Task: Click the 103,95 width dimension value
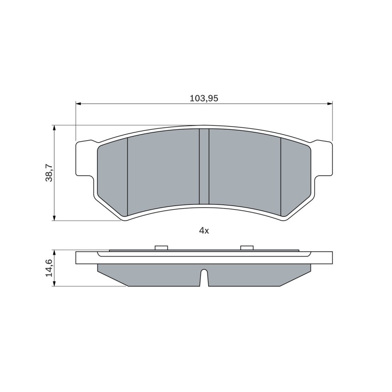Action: [x=204, y=98]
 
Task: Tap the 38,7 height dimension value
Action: [x=49, y=173]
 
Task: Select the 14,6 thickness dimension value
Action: [x=49, y=268]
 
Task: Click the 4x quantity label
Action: [x=204, y=230]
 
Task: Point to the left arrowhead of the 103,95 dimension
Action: [x=78, y=104]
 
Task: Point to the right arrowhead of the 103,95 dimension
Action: [x=329, y=104]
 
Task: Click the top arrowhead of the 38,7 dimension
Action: [x=54, y=128]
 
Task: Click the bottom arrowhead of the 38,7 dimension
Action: [x=54, y=218]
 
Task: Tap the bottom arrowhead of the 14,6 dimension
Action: [x=54, y=283]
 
